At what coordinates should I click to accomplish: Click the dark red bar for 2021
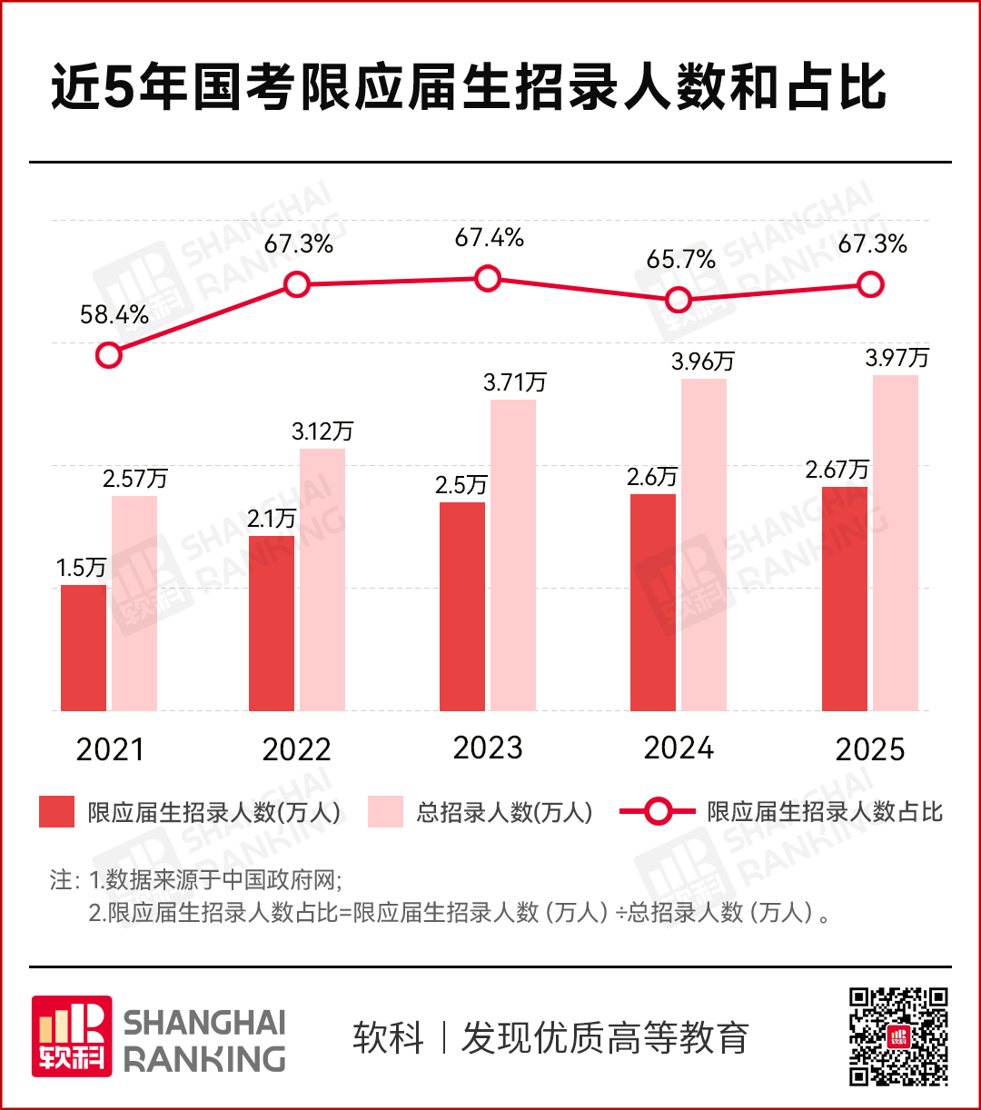click(x=84, y=647)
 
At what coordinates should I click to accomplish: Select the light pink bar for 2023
click(x=513, y=554)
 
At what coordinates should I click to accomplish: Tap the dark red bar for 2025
click(x=845, y=598)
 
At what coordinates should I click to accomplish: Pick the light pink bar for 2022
click(x=322, y=579)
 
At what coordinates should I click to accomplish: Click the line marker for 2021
click(x=108, y=354)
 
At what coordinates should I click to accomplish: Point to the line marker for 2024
click(x=678, y=300)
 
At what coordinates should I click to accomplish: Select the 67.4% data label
click(x=490, y=238)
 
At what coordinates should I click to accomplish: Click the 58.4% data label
click(x=114, y=315)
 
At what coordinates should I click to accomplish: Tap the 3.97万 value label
click(x=897, y=358)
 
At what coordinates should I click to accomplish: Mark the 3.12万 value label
click(x=322, y=431)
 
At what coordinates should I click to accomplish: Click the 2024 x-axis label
click(x=679, y=748)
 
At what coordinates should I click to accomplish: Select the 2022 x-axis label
click(x=296, y=750)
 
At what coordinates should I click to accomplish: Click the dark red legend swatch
click(x=56, y=811)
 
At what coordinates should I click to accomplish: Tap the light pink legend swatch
click(x=385, y=811)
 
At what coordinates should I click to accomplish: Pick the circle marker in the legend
click(x=657, y=811)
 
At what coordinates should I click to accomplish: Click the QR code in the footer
click(x=898, y=1036)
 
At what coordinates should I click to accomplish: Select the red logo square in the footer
click(x=72, y=1036)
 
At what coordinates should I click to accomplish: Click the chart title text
click(x=468, y=89)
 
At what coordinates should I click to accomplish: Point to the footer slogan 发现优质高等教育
click(x=605, y=1037)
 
